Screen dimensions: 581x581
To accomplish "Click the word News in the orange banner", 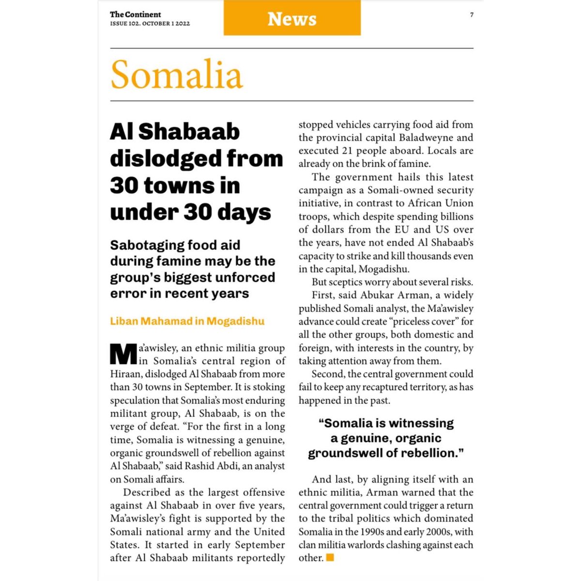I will click(x=291, y=19).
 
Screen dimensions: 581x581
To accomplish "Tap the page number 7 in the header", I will click(x=472, y=15).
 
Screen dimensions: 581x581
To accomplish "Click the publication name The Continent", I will click(x=135, y=15).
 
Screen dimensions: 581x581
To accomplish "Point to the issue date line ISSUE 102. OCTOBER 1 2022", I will click(x=150, y=24).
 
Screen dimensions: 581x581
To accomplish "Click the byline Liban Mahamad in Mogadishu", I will click(x=187, y=321).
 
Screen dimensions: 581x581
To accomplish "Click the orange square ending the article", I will click(x=330, y=557).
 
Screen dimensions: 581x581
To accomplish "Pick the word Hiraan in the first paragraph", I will click(x=125, y=374).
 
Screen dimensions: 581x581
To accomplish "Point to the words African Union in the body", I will click(x=441, y=203).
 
